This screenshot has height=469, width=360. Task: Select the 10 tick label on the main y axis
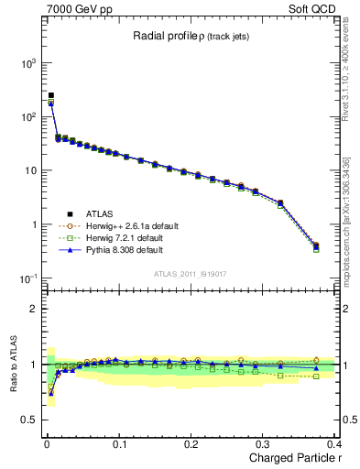[31, 171]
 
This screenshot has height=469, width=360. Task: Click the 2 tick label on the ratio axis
[35, 309]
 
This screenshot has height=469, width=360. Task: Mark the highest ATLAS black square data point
[51, 95]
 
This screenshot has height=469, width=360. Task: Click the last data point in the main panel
[316, 245]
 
